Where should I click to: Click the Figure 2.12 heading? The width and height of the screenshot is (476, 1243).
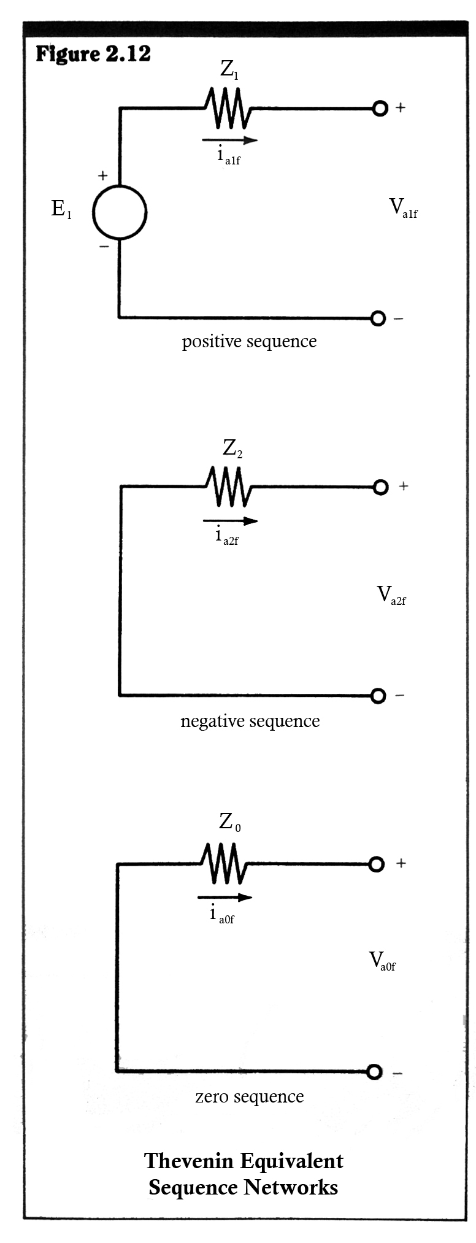[x=93, y=54]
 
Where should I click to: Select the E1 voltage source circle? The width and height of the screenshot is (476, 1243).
[x=120, y=212]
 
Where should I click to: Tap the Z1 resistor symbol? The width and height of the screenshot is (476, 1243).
[x=229, y=108]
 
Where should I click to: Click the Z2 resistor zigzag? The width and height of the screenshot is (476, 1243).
[x=229, y=487]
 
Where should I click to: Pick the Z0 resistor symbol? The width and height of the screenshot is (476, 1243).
[x=225, y=863]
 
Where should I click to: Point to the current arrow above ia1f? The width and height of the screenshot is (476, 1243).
[x=229, y=140]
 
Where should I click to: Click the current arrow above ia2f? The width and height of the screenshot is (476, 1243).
[x=230, y=521]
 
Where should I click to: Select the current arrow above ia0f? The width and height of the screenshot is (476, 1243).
[x=225, y=898]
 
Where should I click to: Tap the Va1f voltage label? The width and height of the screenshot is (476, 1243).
[x=403, y=208]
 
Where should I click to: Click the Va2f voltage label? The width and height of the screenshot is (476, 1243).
[x=391, y=595]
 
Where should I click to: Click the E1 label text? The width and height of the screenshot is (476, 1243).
[x=61, y=210]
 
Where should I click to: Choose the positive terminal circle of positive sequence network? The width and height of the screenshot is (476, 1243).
[x=380, y=109]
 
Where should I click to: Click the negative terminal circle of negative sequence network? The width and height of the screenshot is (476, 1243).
[x=378, y=696]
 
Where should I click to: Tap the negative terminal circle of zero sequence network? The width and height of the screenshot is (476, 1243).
[x=374, y=1072]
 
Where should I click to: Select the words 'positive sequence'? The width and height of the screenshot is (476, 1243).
[x=249, y=342]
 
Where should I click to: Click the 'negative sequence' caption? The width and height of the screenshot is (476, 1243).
[x=250, y=721]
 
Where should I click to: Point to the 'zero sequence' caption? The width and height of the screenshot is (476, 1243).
[x=249, y=1097]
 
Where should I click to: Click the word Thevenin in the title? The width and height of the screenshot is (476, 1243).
[x=188, y=1161]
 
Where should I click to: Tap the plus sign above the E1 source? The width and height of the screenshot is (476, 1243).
[x=102, y=175]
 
